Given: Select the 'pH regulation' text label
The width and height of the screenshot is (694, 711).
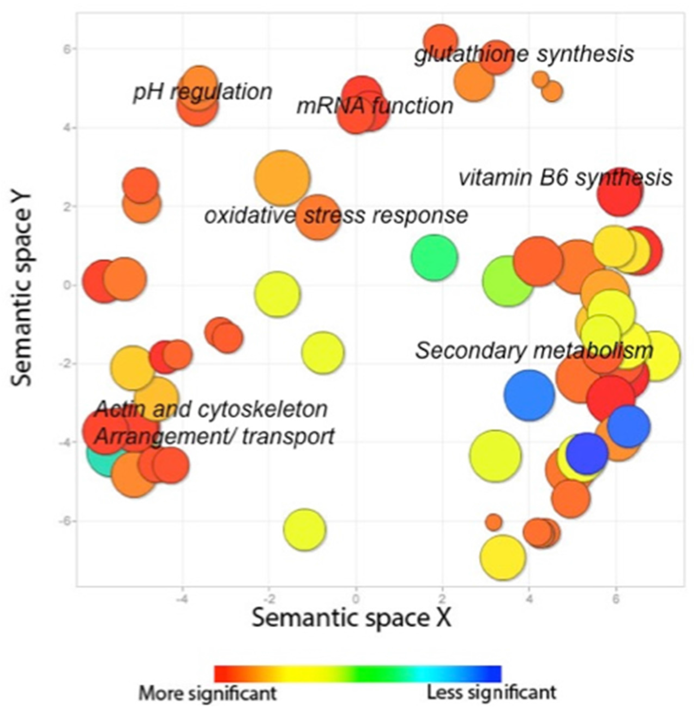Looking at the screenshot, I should click(203, 92).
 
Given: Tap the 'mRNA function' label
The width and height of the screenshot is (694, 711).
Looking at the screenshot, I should click(375, 106).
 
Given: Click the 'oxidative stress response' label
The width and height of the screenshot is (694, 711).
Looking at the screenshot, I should click(336, 215).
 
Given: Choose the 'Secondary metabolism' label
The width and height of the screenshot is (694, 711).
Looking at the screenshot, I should click(534, 351).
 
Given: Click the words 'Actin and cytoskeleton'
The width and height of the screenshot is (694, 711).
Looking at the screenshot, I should click(211, 409).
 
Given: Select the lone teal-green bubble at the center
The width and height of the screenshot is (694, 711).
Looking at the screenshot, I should click(434, 258).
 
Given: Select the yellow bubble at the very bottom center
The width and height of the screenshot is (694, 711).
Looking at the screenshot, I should click(304, 529).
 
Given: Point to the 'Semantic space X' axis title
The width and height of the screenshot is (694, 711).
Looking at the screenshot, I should click(351, 618).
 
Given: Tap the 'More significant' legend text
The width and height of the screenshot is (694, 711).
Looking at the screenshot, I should click(208, 693).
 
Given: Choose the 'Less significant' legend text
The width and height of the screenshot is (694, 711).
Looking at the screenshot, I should click(491, 692).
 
